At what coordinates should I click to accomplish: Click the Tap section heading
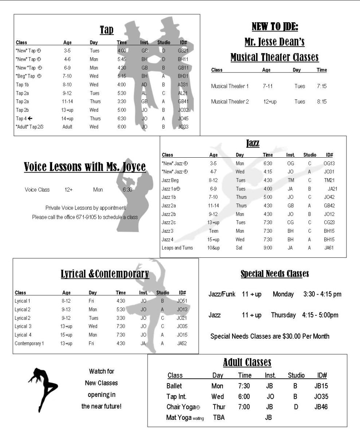pos(107,30)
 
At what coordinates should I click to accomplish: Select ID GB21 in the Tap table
pos(183,51)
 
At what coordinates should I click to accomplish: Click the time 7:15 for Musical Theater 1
pos(322,86)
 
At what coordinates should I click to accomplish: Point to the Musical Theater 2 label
pos(230,102)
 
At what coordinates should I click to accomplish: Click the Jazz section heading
pos(253,143)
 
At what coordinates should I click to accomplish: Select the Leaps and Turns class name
pos(177,248)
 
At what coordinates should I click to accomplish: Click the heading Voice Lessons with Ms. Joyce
pos(85,167)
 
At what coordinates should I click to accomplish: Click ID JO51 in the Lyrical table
pos(182,301)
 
